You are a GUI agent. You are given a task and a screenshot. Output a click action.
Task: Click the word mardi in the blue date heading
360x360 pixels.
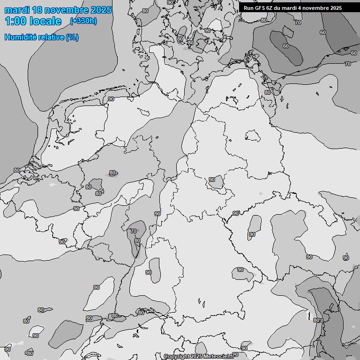coord(18,10)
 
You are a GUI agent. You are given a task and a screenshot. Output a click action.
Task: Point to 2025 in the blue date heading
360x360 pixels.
coord(101,10)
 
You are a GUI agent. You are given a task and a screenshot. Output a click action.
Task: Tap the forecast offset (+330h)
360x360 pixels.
coord(83,21)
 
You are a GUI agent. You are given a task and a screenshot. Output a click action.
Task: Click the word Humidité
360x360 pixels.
coord(21,37)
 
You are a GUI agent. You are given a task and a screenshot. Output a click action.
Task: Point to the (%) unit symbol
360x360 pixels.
coord(72,37)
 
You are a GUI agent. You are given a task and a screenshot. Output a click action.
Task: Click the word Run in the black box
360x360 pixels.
coord(248,8)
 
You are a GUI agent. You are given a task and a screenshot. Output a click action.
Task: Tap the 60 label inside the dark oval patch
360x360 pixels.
coord(286,46)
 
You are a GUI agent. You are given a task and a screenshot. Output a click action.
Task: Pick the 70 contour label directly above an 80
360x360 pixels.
coord(134,231)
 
